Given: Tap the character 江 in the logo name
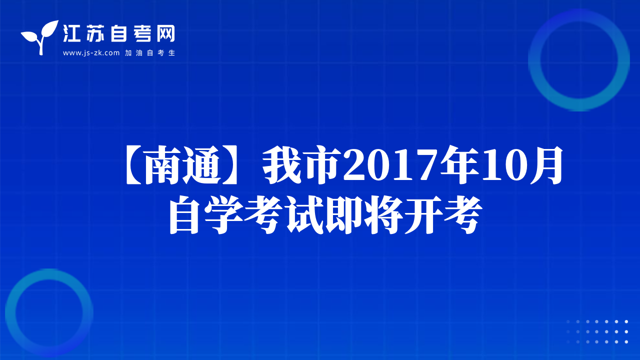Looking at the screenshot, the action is [x=71, y=33].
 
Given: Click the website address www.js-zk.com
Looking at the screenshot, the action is [x=91, y=53].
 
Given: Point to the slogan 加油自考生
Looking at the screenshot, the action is [x=150, y=53].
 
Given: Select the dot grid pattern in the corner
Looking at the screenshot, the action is [x=597, y=331].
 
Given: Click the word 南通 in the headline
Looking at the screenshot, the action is [x=183, y=165].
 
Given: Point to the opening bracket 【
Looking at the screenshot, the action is [x=133, y=165].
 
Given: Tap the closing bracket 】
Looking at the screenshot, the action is [x=231, y=165].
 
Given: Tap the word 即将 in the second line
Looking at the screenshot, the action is [x=364, y=215].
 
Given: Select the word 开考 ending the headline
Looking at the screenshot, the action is [x=443, y=215].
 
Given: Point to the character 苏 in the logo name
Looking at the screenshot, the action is [x=95, y=33].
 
